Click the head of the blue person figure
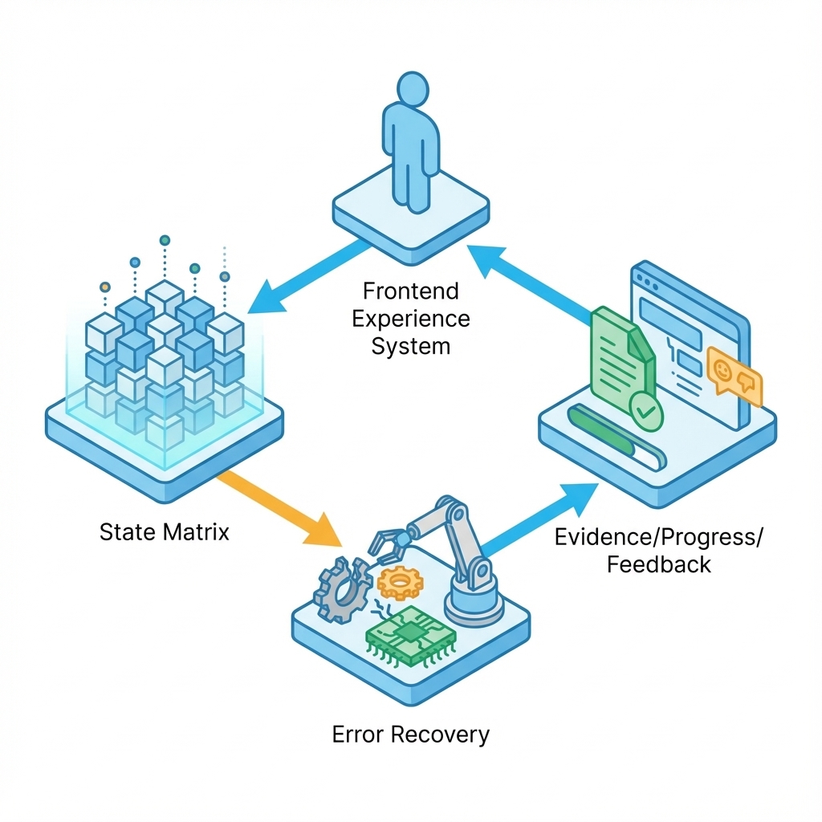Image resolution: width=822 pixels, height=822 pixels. point(413,90)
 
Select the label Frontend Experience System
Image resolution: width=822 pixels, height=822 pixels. point(411,319)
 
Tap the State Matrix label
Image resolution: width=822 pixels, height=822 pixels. point(165,532)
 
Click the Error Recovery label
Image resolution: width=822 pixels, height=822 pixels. point(411,735)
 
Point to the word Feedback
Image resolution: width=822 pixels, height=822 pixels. point(659,564)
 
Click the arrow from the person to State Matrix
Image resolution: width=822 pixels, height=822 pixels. point(309,277)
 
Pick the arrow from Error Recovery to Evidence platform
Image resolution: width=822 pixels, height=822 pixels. point(540,519)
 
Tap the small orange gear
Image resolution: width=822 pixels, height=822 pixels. point(400,583)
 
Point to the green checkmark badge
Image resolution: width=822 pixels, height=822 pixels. point(646,413)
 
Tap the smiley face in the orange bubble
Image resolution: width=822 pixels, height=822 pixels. point(722,369)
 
